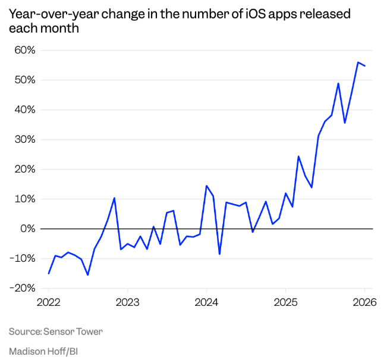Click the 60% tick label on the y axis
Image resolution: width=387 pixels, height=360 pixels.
coord(25,51)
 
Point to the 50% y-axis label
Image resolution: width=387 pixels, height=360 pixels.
coord(25,80)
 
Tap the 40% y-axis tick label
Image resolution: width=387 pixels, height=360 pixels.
coord(25,110)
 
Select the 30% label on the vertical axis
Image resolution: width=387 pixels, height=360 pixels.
coord(25,140)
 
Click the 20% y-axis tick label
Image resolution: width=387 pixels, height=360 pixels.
coord(25,170)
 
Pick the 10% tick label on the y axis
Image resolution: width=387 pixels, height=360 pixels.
coord(25,199)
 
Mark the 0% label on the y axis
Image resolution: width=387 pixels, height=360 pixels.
coord(28,229)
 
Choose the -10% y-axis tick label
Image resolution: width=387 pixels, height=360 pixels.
coord(23,259)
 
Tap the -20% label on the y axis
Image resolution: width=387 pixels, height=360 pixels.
coord(23,289)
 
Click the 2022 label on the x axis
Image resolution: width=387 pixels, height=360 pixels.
coord(49,302)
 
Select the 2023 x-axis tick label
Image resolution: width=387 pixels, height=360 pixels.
coord(127,302)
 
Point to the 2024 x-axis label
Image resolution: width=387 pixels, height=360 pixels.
coord(206,302)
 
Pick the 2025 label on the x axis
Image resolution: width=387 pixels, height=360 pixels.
coord(285,302)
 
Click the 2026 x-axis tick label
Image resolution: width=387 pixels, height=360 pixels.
coord(363,302)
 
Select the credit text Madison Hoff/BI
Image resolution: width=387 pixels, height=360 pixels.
coord(43,351)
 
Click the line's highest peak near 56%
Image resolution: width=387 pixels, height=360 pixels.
coord(358,62)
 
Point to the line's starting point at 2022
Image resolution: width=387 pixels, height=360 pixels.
coord(49,273)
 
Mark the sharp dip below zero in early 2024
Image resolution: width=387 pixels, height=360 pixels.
coord(219,254)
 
